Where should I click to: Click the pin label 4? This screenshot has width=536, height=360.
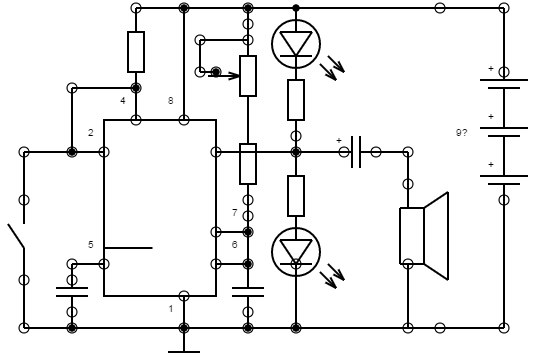pos(123,101)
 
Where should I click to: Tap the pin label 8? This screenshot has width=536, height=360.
pos(171,101)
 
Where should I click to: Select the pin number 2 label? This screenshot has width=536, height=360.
pos(91,133)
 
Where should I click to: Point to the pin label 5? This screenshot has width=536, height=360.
pos(91,244)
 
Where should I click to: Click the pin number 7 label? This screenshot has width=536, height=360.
pos(234,213)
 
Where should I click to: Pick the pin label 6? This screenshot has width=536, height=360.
pos(234,244)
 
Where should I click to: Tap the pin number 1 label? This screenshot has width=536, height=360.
pos(171,309)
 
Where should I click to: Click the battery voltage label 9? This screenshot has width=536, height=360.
pos(461,133)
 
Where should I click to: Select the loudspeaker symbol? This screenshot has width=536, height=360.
pos(424,236)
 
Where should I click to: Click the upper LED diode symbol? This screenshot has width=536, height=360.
pos(296,44)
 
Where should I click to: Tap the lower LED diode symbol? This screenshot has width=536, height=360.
pos(296,252)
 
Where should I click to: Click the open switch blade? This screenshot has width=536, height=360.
pos(16,236)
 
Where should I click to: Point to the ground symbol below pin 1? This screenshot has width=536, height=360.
pos(184,351)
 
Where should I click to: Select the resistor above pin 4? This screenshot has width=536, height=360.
pos(136,52)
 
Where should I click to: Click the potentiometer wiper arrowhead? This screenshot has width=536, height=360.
pos(234,76)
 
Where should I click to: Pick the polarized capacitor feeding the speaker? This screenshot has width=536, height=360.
pos(356,152)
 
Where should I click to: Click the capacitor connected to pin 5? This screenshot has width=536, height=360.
pos(72,292)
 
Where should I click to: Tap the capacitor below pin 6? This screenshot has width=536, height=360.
pos(248,292)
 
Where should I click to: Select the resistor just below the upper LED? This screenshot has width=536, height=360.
pos(296,100)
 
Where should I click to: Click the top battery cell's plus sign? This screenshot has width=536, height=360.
pos(491,68)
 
